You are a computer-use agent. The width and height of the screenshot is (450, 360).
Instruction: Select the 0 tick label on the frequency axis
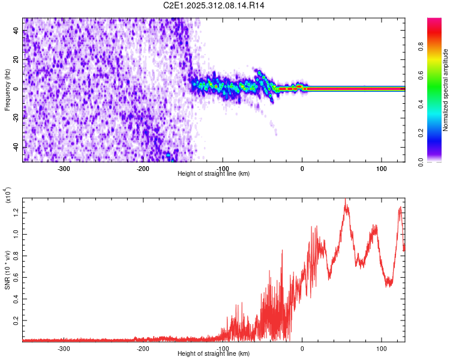tap(17, 89)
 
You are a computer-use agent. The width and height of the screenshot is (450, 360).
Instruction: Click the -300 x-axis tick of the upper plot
tap(64, 169)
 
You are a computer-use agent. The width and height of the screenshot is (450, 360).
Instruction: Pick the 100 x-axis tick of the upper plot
tap(381, 169)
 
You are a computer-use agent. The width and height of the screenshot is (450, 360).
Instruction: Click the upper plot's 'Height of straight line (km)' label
tap(214, 174)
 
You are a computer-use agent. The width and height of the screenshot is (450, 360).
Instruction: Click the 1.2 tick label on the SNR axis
tap(17, 211)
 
